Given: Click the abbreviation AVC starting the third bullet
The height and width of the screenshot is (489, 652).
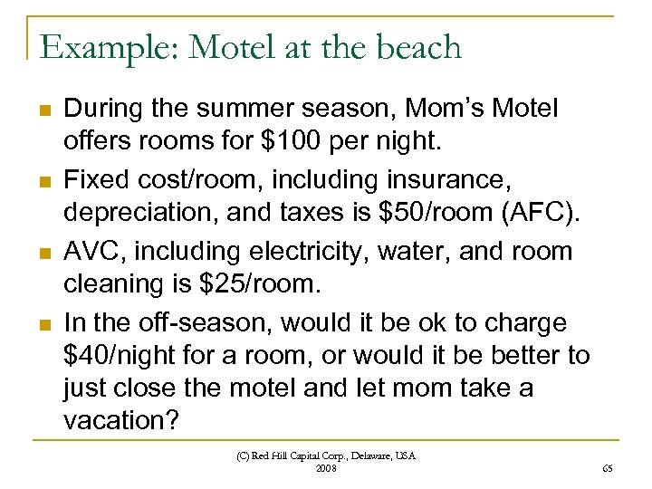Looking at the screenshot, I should (x=88, y=251).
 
